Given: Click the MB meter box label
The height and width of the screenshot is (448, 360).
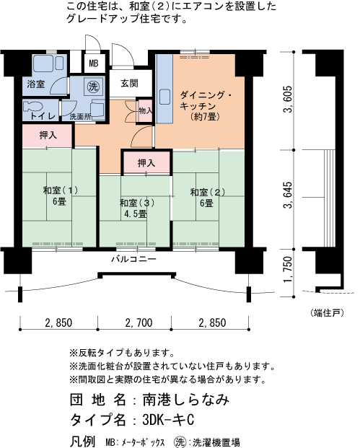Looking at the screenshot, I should (x=94, y=63).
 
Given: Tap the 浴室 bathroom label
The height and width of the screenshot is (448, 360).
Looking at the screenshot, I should (x=35, y=85).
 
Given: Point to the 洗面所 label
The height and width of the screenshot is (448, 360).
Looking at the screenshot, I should (x=80, y=115).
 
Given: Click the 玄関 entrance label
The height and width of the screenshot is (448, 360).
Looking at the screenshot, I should (x=130, y=83).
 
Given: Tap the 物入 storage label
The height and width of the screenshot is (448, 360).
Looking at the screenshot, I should (x=144, y=111).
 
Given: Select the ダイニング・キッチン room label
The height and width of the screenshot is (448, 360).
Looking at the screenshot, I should (x=206, y=105).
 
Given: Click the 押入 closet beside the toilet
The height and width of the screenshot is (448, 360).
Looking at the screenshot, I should (x=48, y=134).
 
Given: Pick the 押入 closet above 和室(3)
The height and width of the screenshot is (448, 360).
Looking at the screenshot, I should (x=146, y=164).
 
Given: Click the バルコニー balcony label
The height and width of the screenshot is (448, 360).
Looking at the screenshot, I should (x=134, y=259).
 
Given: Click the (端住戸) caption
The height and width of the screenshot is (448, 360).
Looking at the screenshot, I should (x=328, y=312).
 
